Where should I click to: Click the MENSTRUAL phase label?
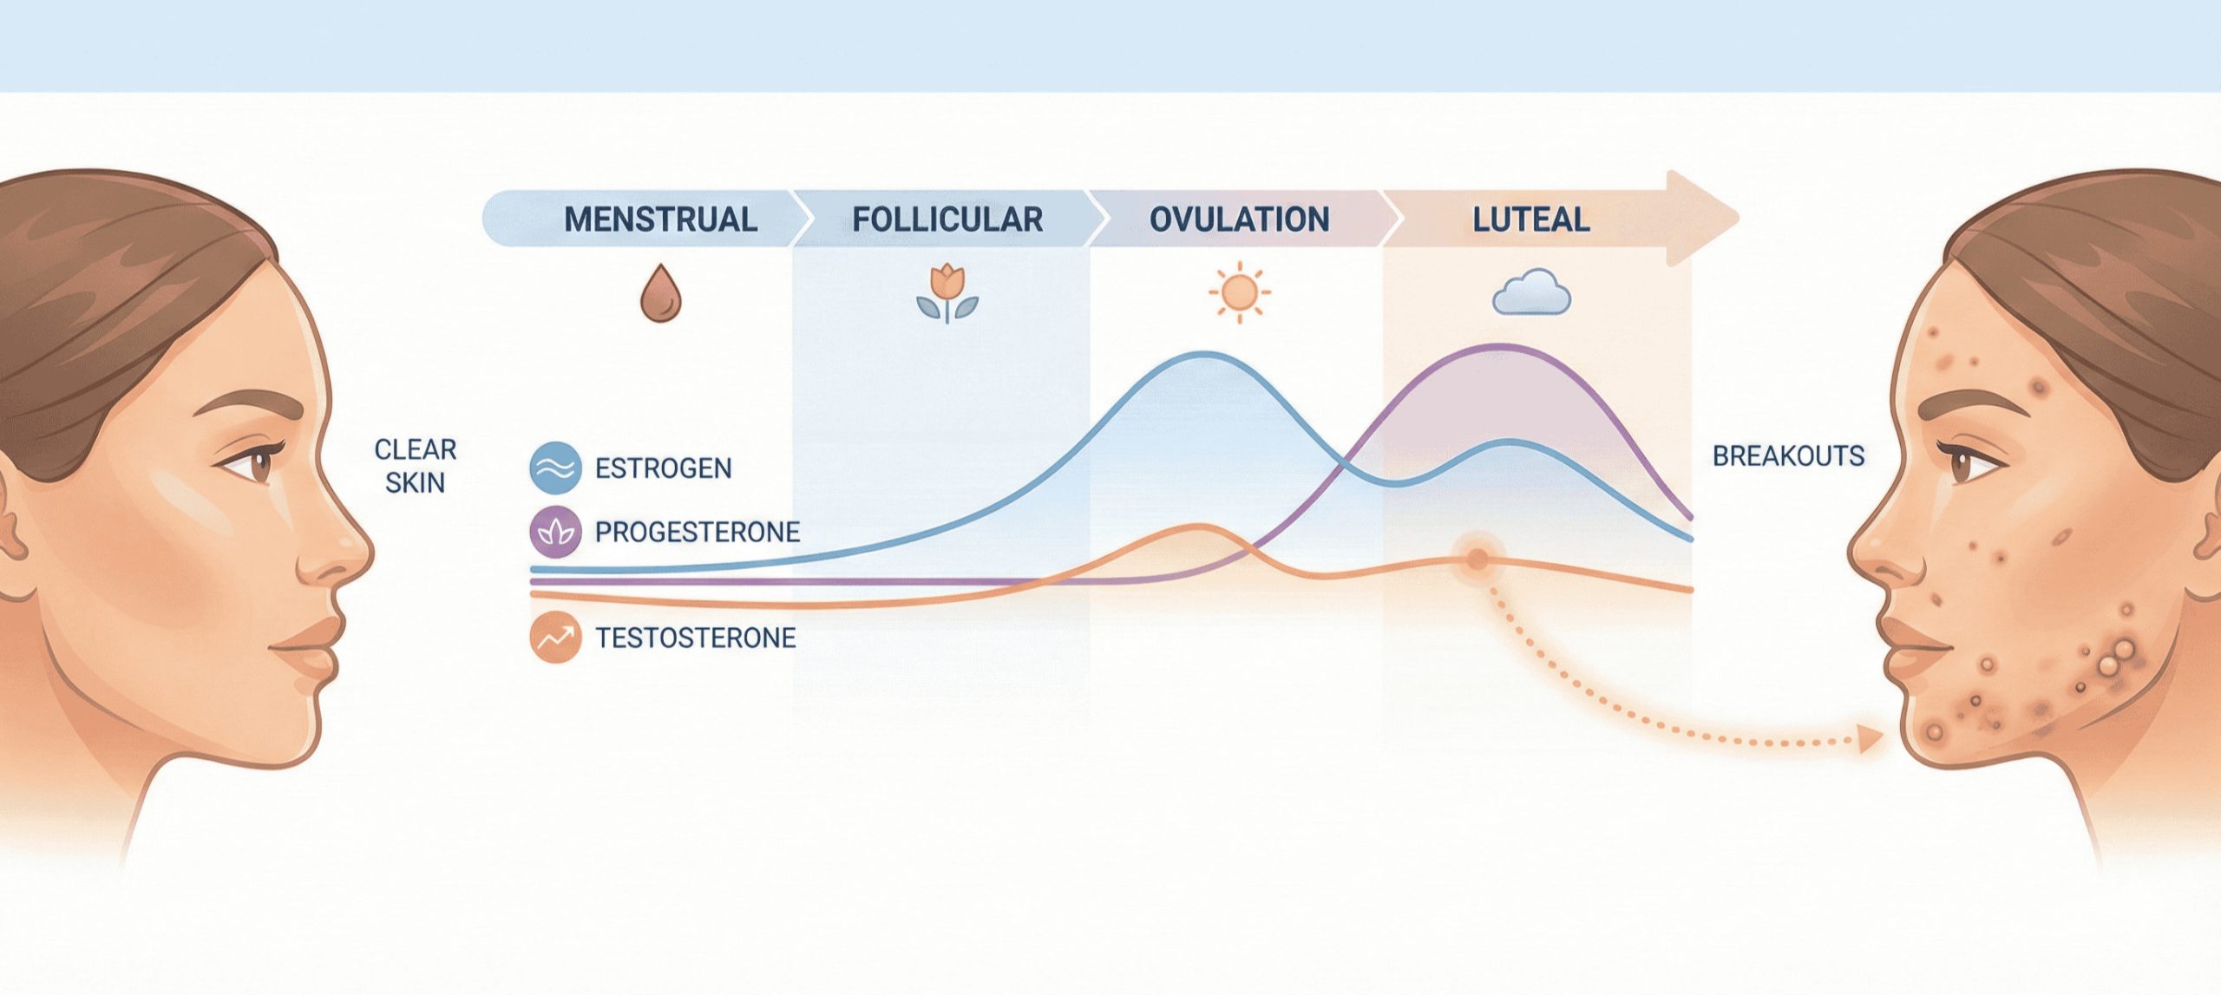point(660,219)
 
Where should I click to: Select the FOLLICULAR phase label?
point(947,219)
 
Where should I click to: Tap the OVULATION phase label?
point(1239,219)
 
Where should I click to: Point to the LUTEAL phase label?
point(1531,219)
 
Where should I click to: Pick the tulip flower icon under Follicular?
point(947,292)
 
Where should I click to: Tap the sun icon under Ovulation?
point(1239,292)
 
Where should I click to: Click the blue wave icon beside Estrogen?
point(555,468)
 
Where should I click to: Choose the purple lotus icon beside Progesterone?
point(555,531)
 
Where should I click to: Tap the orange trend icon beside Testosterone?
point(555,638)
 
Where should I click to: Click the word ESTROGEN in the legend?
point(664,468)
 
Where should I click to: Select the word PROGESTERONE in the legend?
point(698,532)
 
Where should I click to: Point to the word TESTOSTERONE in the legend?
point(696,638)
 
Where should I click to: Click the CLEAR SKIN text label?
point(416,466)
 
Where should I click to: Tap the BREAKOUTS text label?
point(1788,456)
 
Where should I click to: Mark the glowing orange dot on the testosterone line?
point(1477,559)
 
